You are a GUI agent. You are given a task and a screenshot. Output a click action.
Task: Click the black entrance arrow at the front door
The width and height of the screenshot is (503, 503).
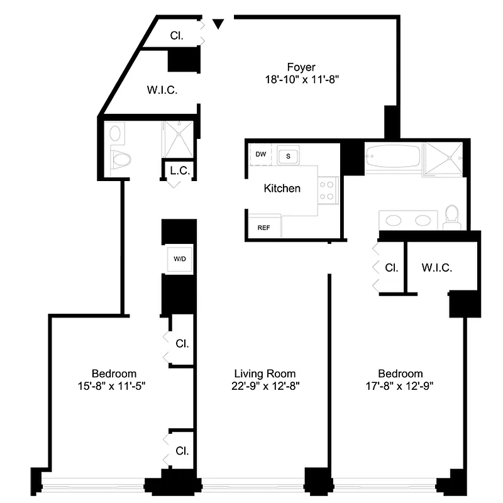(218, 24)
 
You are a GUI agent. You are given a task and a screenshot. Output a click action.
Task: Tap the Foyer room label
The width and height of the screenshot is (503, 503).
(301, 67)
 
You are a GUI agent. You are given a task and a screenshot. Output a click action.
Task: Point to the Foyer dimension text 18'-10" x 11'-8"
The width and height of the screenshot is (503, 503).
(301, 80)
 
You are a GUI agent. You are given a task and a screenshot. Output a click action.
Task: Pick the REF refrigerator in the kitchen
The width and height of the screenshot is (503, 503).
(263, 228)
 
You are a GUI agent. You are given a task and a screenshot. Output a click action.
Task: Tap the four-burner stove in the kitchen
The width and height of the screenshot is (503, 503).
(328, 189)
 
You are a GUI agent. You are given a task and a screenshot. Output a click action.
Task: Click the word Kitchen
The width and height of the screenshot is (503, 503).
(282, 188)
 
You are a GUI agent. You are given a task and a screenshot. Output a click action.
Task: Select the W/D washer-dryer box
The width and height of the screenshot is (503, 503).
(179, 258)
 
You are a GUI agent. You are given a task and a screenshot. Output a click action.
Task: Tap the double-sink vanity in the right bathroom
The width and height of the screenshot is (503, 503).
(408, 220)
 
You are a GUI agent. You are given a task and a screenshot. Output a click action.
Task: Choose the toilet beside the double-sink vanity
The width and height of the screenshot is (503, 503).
(451, 216)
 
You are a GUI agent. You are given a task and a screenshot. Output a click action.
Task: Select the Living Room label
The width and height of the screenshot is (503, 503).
(264, 373)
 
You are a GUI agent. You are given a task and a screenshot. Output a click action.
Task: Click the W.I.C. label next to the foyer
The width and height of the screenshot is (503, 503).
(162, 90)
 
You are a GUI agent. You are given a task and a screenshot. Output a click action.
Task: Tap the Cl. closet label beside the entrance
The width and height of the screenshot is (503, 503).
(177, 36)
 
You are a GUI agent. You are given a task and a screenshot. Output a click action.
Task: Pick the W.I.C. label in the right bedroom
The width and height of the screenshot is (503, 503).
(437, 267)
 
